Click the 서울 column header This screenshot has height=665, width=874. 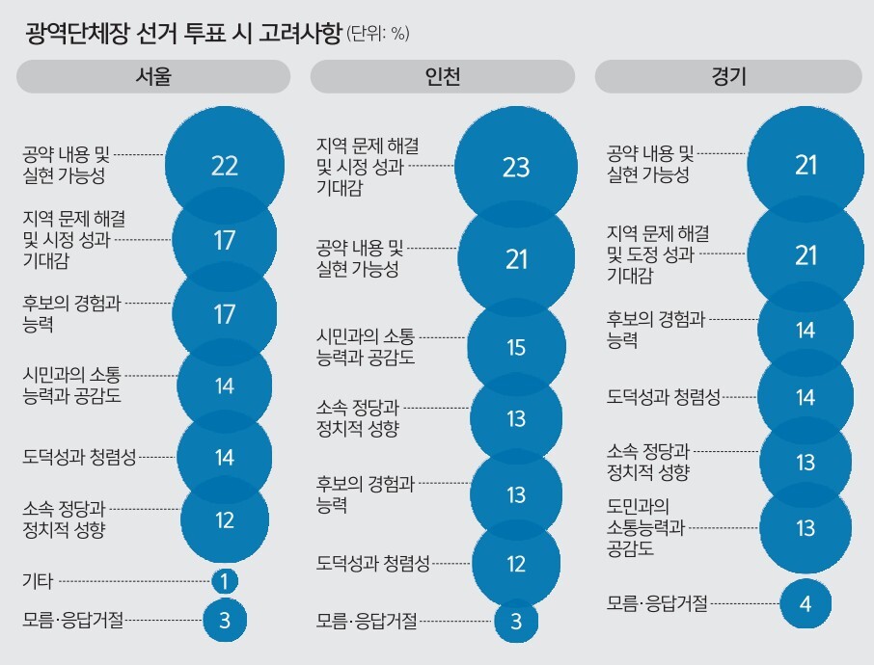pos(153,77)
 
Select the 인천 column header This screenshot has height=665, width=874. pos(443,77)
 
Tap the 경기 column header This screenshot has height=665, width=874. pos(728,77)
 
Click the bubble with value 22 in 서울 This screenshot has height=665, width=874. pos(224,166)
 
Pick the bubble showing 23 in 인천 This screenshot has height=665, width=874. pos(516,167)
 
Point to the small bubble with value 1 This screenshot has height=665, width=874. pos(224,581)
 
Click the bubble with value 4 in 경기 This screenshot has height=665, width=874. pos(806,604)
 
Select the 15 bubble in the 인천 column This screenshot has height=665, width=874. pos(516,347)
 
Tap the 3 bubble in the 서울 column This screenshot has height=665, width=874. pos(224,620)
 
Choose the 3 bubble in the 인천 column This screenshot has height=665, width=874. pos(516,622)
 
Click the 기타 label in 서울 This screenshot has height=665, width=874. pos(38,581)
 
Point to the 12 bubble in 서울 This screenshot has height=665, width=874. pos(224,520)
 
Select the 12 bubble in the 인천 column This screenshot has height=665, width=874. pos(516,563)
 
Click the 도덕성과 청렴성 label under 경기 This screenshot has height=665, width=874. pos(664,397)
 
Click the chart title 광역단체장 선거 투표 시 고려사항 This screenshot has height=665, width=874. pos(184,35)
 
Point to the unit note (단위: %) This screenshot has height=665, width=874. pos(377,36)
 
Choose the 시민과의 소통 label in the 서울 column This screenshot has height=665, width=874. pos(71,384)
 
